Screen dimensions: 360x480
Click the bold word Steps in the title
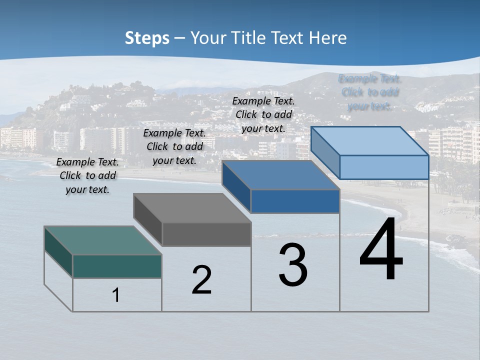(147, 38)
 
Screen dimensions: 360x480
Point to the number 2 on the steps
(202, 280)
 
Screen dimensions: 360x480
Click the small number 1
(116, 295)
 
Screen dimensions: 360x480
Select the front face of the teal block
(117, 266)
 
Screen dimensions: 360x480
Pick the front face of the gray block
(206, 234)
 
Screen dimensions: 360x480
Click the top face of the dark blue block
(280, 175)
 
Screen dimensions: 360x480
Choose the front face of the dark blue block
(295, 201)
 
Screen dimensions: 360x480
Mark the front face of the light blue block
(384, 167)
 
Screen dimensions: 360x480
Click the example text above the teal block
(87, 175)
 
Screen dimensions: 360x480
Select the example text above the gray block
(174, 146)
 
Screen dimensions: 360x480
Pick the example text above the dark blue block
(263, 114)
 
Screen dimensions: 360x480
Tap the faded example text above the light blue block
(370, 92)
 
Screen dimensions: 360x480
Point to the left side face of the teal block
(58, 251)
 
